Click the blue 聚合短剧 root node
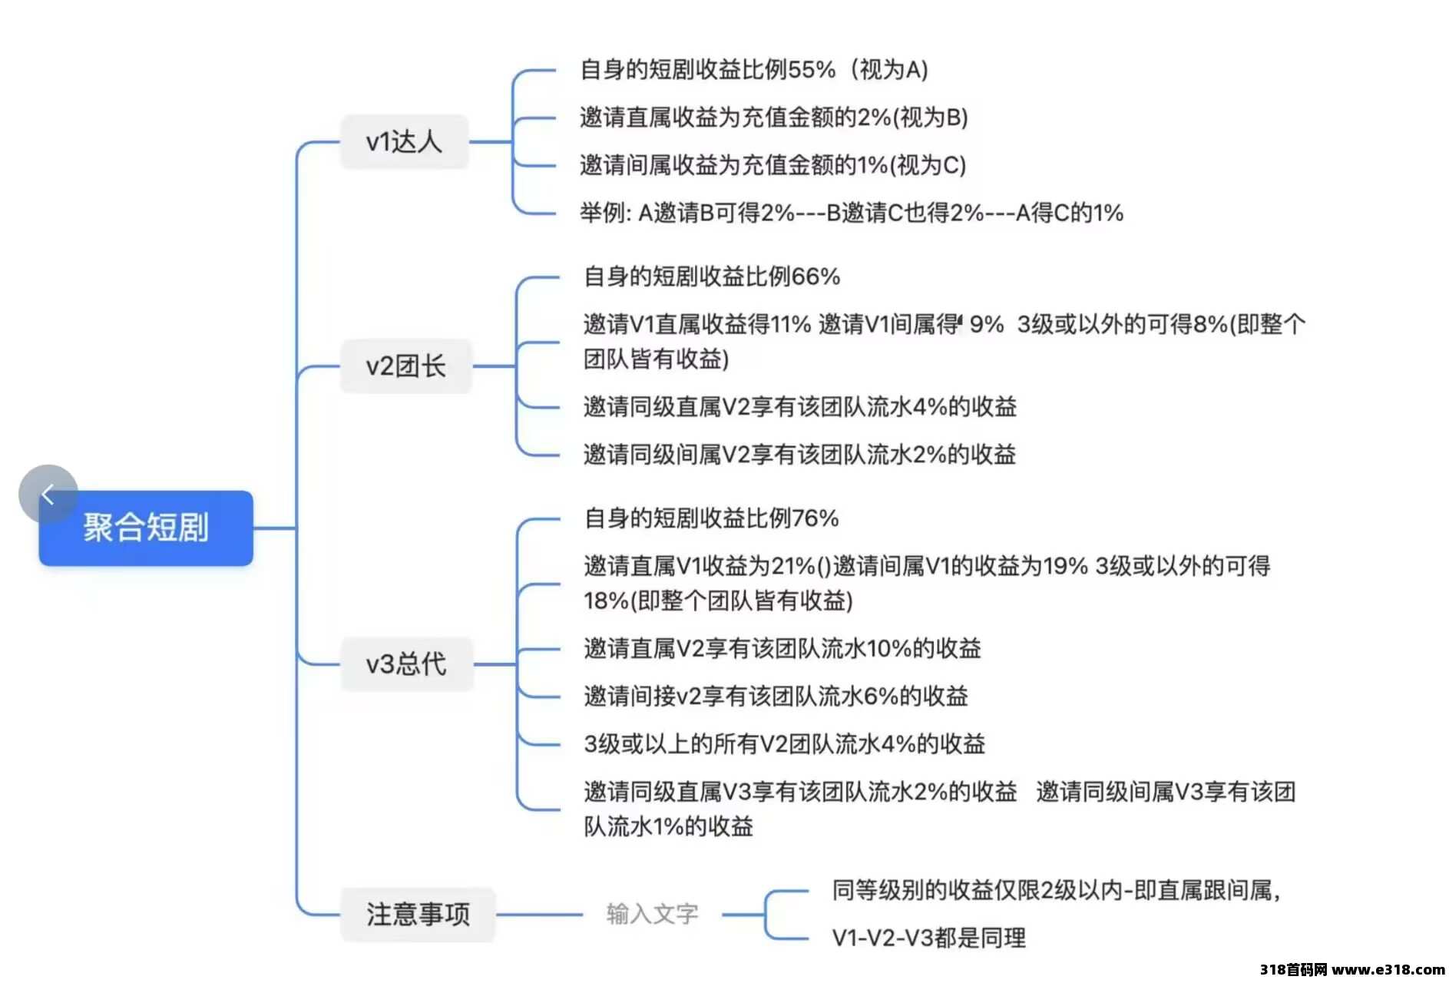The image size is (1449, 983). (x=146, y=528)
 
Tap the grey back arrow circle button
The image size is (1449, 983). (x=48, y=494)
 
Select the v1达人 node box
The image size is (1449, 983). (x=404, y=141)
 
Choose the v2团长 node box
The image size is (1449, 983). (x=405, y=366)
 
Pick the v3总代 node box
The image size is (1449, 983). (x=406, y=664)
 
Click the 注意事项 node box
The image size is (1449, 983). (x=418, y=914)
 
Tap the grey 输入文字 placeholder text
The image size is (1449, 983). (x=652, y=914)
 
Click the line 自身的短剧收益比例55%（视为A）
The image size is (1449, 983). (x=754, y=70)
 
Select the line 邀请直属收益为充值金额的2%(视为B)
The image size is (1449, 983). (x=774, y=117)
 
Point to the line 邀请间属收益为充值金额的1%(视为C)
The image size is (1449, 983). (x=773, y=165)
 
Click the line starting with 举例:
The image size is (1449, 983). (x=852, y=213)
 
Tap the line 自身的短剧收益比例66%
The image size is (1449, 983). (x=712, y=276)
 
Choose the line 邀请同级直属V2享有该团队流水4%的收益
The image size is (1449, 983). (x=800, y=406)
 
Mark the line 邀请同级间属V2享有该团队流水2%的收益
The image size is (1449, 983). (x=800, y=454)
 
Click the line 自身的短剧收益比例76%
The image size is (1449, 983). (x=712, y=518)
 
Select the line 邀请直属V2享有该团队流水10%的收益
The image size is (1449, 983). (x=782, y=649)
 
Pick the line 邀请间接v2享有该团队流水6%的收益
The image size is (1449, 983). (x=776, y=697)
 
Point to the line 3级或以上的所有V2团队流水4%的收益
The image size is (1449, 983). (x=785, y=744)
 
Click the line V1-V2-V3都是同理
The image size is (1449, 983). (x=929, y=938)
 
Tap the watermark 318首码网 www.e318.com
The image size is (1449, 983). (x=1352, y=969)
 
